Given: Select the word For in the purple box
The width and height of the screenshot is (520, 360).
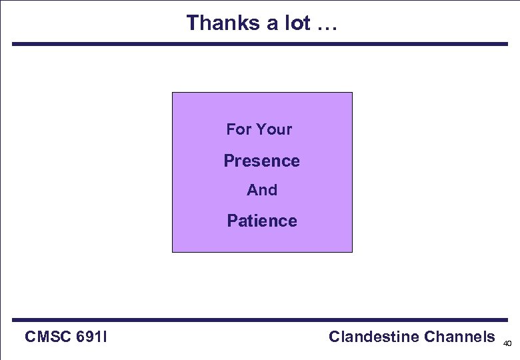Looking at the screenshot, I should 238,129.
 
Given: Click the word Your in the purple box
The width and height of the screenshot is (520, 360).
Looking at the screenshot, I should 274,129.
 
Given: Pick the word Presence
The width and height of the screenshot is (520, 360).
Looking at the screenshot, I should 262,161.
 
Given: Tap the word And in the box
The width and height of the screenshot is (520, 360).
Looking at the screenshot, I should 262,190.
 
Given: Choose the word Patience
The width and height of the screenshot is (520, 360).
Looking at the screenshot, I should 262,221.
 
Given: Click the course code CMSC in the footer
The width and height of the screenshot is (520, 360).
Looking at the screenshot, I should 48,337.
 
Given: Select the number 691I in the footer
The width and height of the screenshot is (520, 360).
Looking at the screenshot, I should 93,337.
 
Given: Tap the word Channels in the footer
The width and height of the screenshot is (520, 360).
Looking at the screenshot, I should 459,337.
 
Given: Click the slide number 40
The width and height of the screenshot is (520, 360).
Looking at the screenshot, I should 507,344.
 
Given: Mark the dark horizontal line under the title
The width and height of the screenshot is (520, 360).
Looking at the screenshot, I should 260,44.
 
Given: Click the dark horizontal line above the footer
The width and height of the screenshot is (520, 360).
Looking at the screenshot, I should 260,320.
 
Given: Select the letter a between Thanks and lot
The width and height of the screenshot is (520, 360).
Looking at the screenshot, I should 271,24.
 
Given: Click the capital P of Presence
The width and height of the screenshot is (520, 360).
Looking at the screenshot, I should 229,161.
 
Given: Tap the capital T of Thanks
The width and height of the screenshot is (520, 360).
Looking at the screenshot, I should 193,23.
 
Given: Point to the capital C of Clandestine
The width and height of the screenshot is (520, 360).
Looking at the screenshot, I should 335,337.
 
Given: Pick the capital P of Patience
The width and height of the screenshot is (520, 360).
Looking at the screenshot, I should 232,221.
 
